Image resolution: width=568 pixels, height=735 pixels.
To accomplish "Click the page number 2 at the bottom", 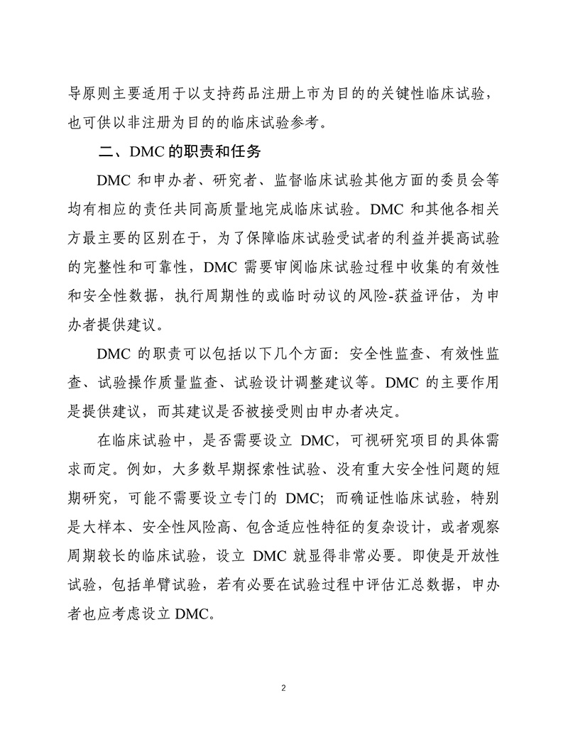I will pyautogui.click(x=283, y=688).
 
